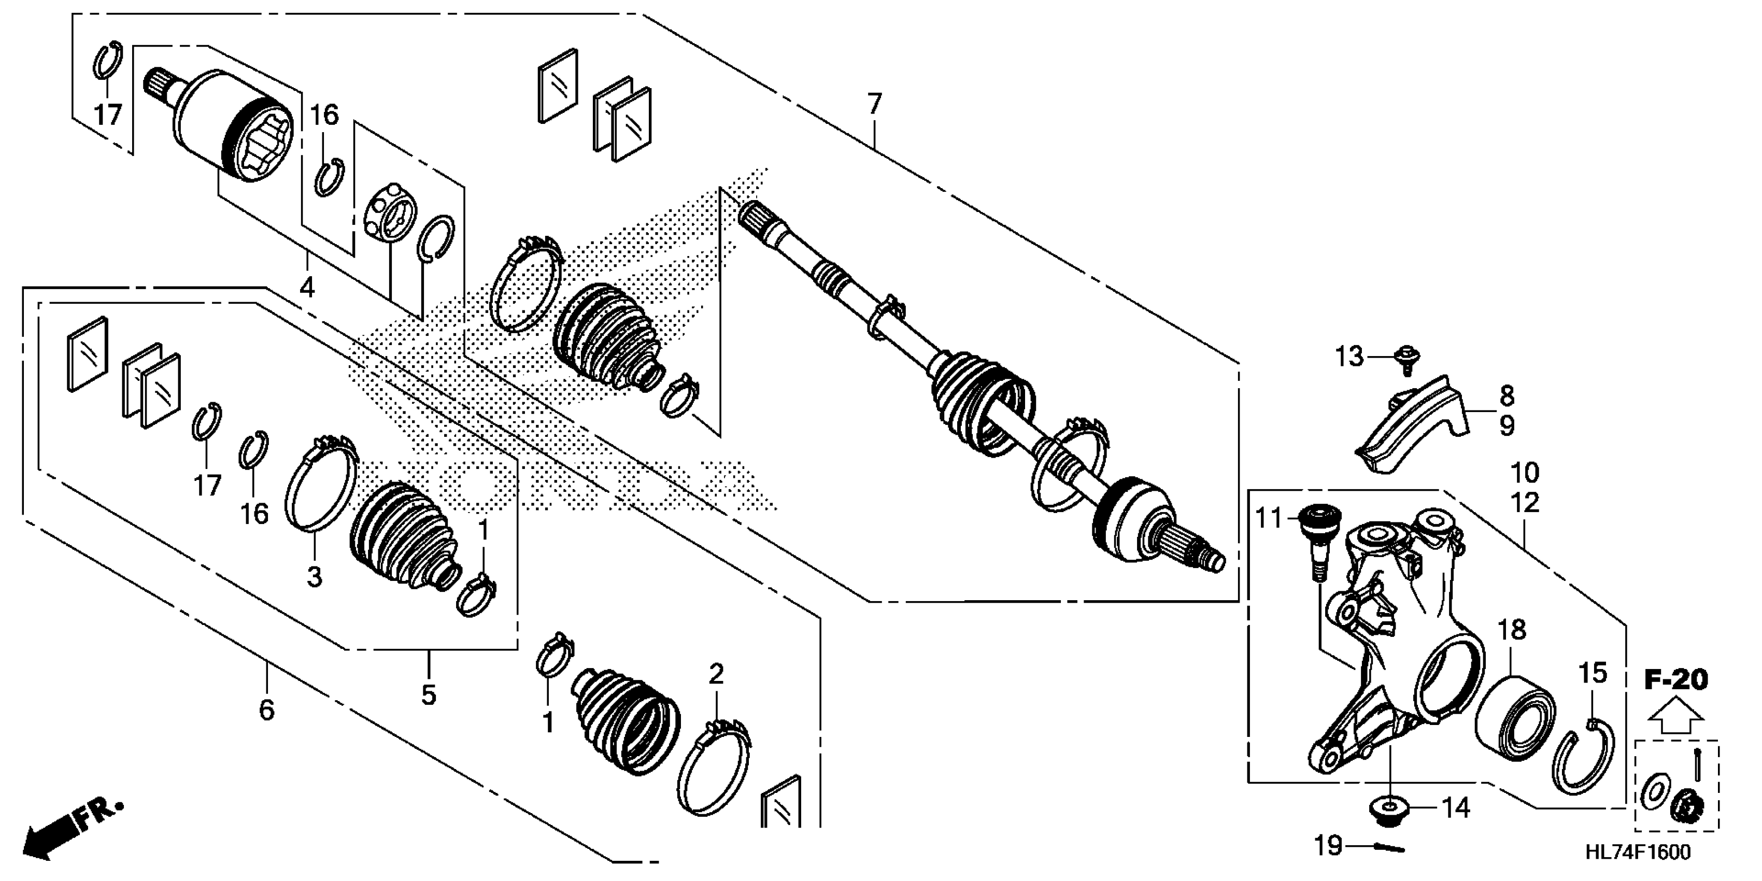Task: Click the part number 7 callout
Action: (875, 105)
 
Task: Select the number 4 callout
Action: (307, 287)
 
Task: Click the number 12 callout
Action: (1525, 503)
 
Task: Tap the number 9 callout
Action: (1507, 426)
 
